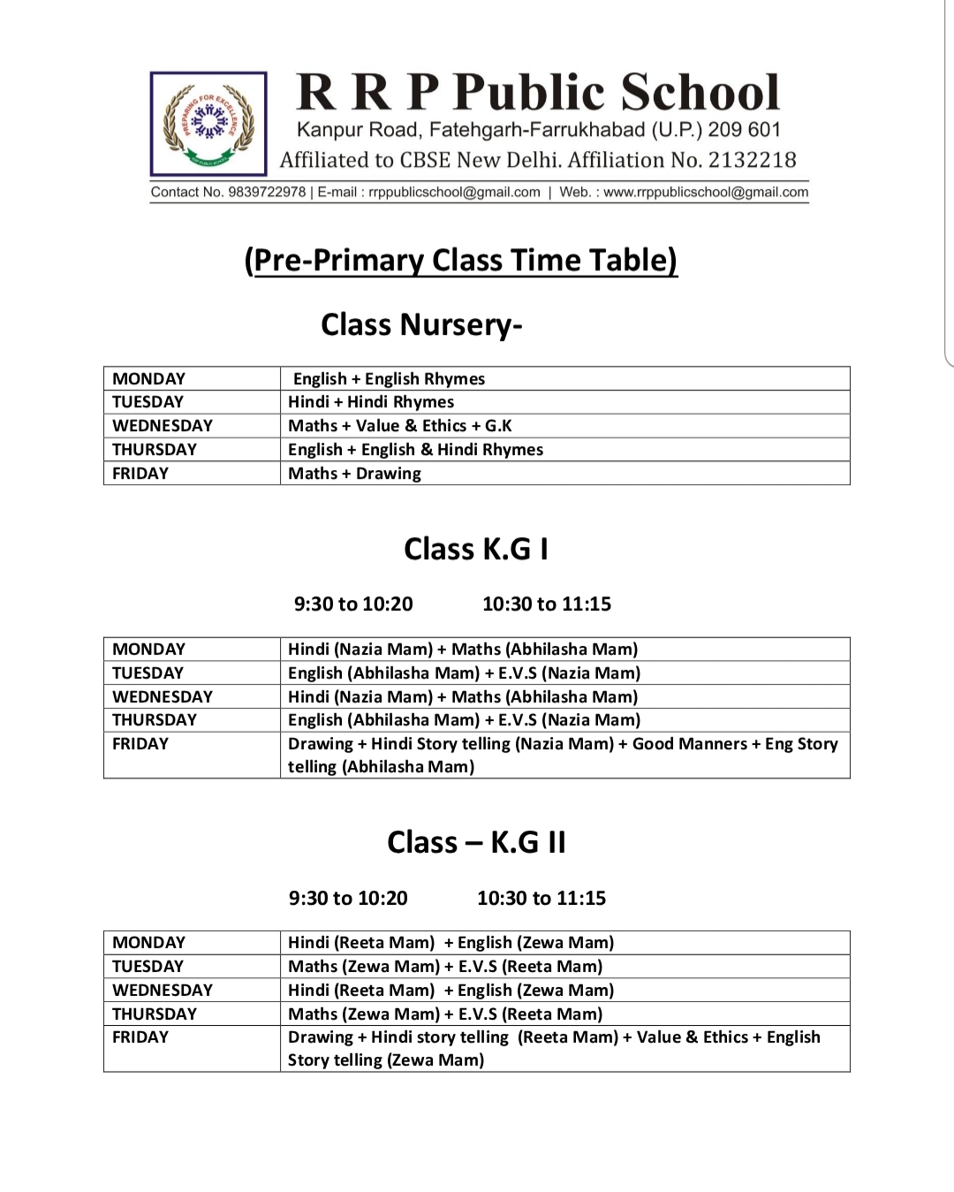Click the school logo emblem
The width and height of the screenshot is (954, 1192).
(208, 124)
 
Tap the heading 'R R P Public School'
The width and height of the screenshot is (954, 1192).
(538, 92)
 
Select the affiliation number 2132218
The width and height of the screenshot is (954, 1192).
(752, 160)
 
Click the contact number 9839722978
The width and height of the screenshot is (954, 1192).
(267, 192)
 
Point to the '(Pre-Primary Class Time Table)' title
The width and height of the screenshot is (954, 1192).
(461, 260)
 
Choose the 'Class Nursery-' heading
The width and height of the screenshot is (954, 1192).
(421, 324)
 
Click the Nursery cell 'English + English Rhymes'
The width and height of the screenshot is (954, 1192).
(389, 379)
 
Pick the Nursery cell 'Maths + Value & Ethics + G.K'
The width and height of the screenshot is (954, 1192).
(400, 426)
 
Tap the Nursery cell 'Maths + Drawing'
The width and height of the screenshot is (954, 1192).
(354, 474)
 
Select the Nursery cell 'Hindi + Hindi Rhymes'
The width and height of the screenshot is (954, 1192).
(371, 402)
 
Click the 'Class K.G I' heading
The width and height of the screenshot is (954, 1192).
(476, 549)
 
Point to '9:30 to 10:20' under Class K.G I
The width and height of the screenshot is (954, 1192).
(353, 604)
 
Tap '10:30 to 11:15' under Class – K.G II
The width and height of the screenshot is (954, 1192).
(541, 899)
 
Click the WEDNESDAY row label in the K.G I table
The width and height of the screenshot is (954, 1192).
(163, 697)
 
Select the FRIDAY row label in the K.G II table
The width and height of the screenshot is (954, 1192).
(140, 1037)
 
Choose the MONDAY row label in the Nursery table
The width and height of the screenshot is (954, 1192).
(148, 379)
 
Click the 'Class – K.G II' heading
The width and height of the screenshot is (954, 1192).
(476, 842)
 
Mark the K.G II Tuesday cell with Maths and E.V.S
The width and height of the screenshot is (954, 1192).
(445, 967)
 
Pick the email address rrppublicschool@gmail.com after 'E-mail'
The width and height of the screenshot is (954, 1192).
(454, 192)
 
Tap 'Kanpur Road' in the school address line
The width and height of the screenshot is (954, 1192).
(357, 130)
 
